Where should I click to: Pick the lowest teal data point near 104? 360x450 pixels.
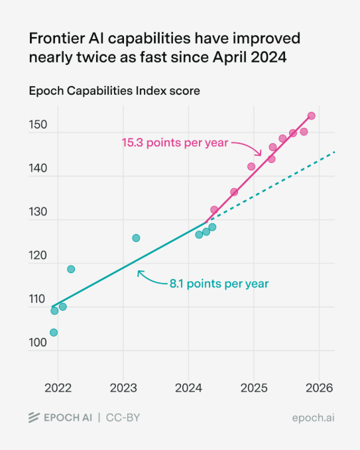pos(54,333)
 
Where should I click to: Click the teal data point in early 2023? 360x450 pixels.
pos(136,238)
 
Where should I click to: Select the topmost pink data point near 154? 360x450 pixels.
pos(312,116)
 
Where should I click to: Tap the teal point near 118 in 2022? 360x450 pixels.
pos(71,269)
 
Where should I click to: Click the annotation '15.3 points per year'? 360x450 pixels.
pos(174,142)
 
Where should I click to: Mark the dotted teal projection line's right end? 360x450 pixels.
pos(334,152)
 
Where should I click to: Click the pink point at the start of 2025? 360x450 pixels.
pos(251,166)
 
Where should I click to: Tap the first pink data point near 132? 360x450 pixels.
pos(214,209)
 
